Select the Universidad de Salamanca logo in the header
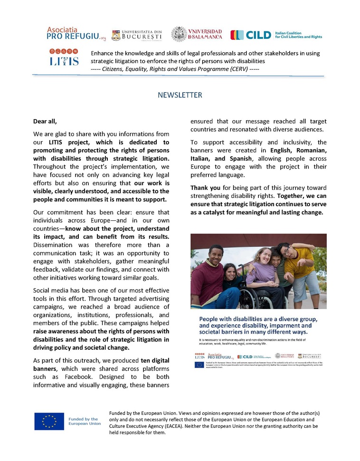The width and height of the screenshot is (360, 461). (197, 34)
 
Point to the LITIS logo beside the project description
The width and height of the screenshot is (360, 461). (64, 57)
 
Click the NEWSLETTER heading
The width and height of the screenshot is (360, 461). (180, 95)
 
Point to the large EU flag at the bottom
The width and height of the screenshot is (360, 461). (49, 421)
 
